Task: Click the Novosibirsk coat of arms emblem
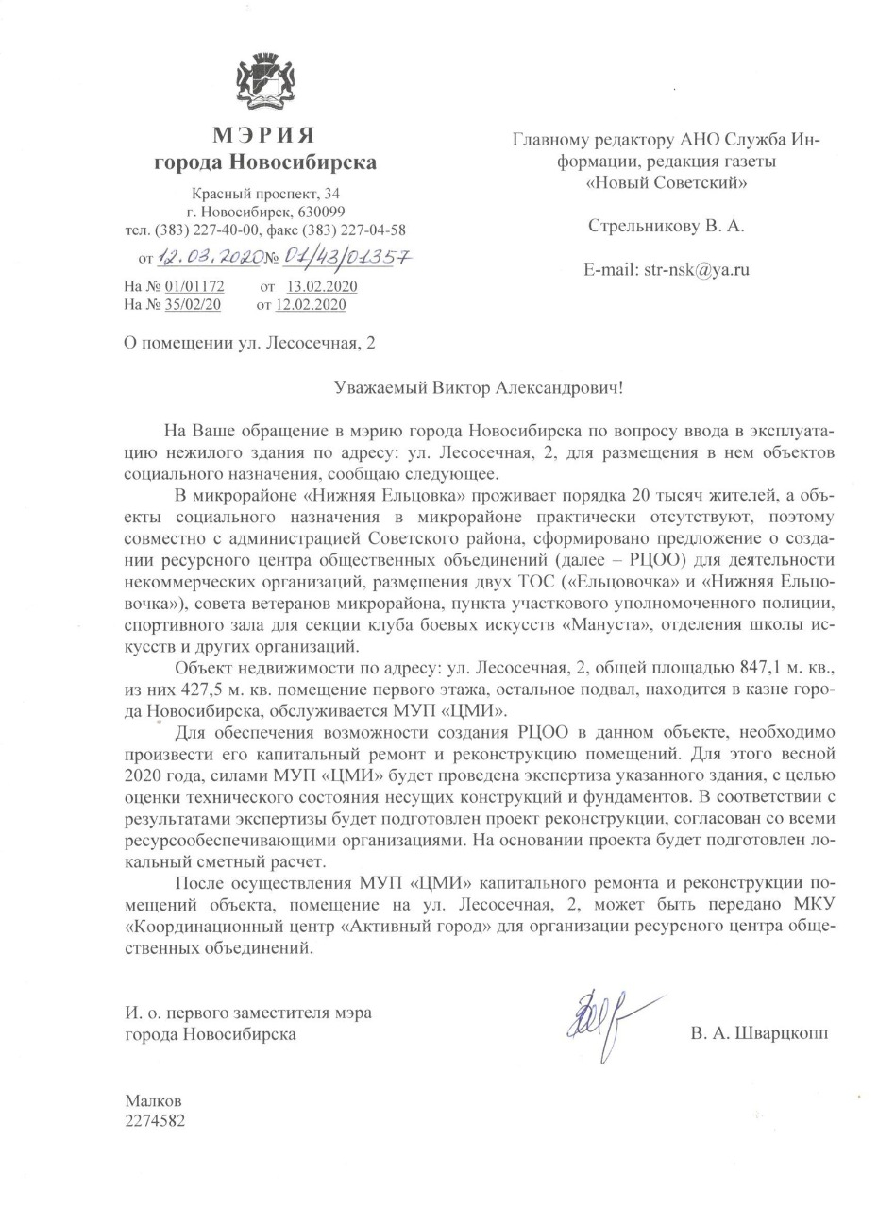click(265, 83)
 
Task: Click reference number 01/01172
click(194, 286)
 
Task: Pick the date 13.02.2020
click(322, 286)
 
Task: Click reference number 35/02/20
click(193, 304)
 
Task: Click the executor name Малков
click(153, 1101)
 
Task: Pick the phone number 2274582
click(156, 1121)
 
